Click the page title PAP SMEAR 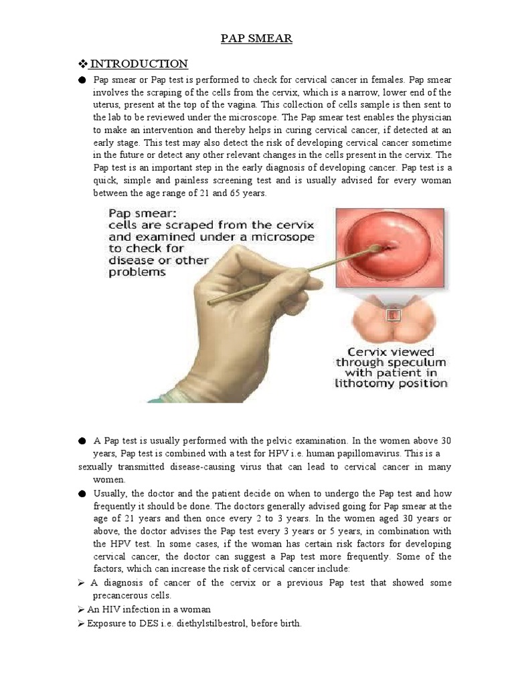tap(256, 39)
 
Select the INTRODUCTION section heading tap(139, 64)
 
